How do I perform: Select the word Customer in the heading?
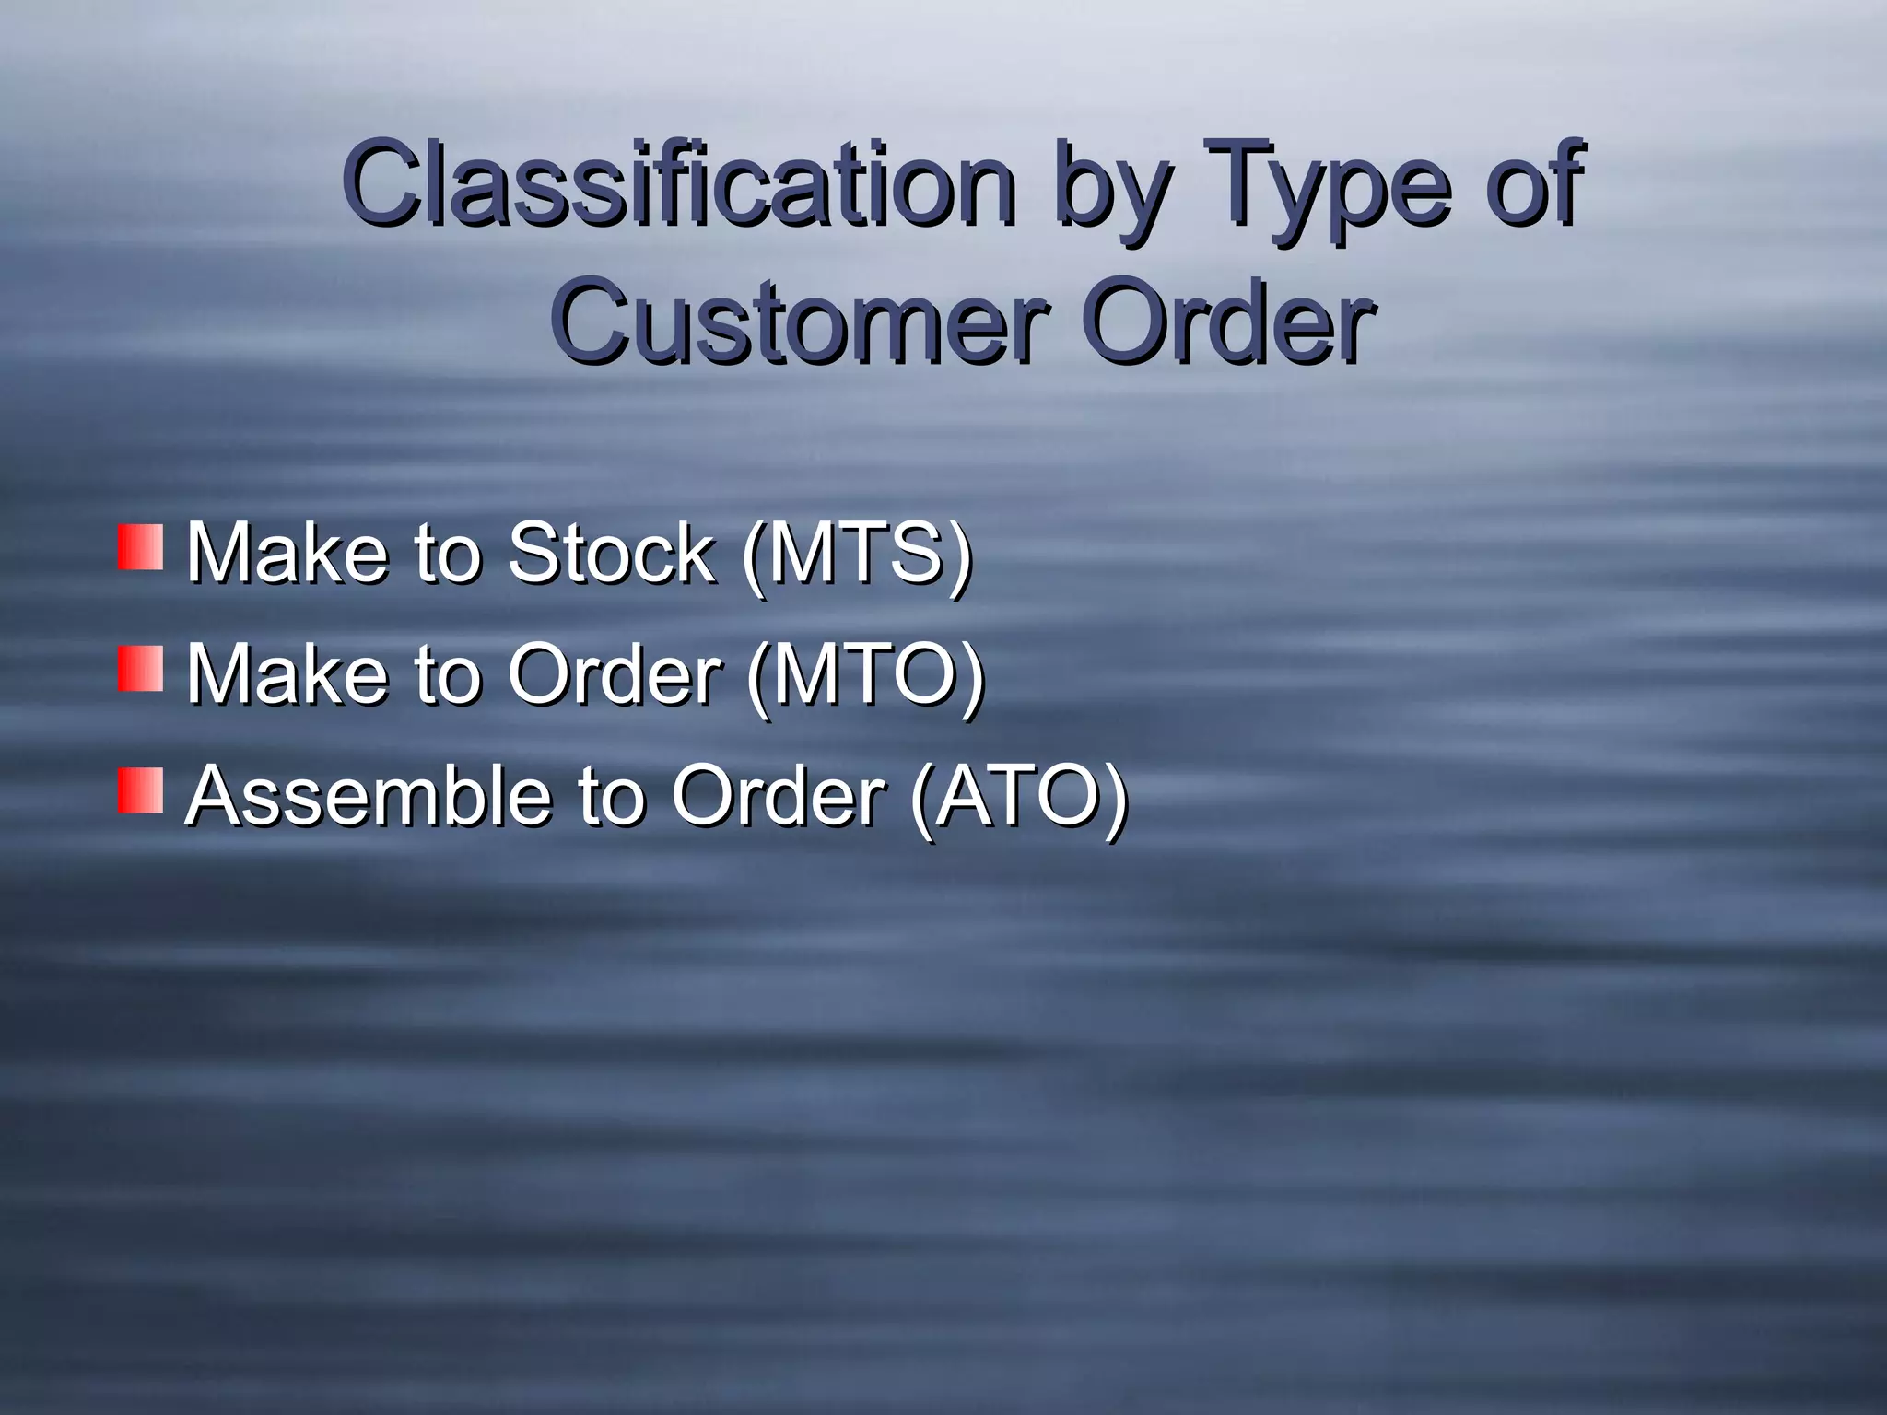(802, 322)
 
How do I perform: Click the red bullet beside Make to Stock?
(140, 547)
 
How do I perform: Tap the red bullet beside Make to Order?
(140, 669)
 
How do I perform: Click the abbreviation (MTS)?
(856, 553)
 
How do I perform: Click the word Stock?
(611, 553)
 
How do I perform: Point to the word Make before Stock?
(287, 553)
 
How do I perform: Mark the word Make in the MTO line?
(287, 674)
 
